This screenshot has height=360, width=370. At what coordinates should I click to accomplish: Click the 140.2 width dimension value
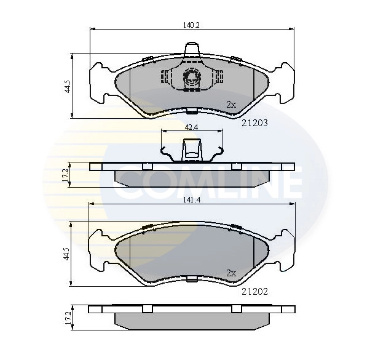click(x=191, y=25)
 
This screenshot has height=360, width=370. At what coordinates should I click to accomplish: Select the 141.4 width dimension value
click(x=192, y=200)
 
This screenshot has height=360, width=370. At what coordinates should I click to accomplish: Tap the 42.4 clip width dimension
click(x=191, y=127)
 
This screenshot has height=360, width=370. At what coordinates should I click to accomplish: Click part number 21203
click(x=254, y=123)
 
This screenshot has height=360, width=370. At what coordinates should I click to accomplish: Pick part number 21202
click(x=255, y=292)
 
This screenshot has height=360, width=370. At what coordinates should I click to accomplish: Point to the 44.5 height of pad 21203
click(x=68, y=86)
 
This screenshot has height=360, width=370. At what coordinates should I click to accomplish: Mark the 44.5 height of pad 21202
click(x=66, y=254)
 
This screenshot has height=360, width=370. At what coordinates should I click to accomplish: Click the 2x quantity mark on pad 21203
click(x=231, y=105)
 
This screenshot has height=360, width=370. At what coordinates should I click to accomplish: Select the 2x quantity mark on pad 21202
click(x=231, y=273)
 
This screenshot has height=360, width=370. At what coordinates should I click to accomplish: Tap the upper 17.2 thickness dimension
click(x=65, y=175)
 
